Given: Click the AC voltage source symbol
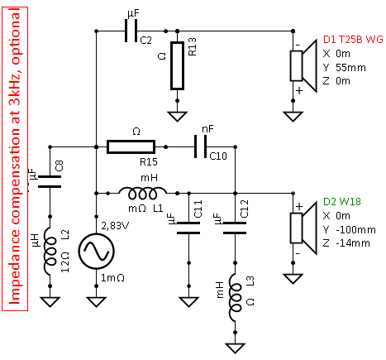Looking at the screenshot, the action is (96, 251).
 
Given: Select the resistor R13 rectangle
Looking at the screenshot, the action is (177, 66).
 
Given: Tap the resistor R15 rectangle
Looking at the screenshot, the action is (131, 146).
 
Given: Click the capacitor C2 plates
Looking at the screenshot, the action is (131, 31).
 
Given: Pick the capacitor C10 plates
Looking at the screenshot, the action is (201, 146).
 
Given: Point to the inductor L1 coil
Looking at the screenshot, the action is (143, 193).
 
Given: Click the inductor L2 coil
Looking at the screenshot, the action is (50, 252).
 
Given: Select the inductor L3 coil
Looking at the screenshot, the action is (236, 298).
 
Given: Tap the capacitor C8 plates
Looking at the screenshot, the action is (50, 181).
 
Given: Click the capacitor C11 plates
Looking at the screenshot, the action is (188, 228).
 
